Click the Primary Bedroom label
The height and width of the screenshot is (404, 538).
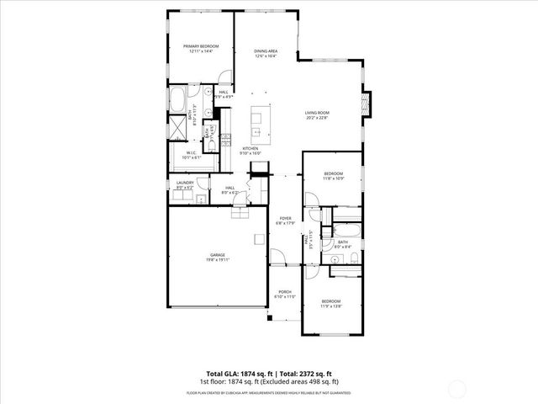point(201,45)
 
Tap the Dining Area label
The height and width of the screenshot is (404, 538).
point(266,51)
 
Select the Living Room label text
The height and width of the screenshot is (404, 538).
point(317,112)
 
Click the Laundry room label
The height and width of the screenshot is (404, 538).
point(185,183)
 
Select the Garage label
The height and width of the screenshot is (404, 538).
point(218,254)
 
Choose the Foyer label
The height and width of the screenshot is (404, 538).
point(285,218)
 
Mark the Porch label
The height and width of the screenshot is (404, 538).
point(285,292)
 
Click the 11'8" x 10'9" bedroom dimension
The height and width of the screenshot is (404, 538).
point(334,178)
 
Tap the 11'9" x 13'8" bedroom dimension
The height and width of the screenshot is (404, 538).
point(331,306)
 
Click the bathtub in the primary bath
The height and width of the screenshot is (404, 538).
point(178,101)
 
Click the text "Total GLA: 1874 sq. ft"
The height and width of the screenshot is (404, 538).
point(236,373)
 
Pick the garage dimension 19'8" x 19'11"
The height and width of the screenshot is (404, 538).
point(218,259)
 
